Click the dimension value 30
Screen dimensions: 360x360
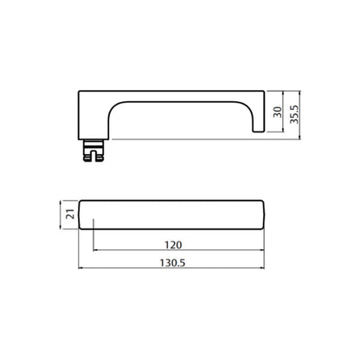pyautogui.click(x=278, y=112)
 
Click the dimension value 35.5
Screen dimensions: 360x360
pyautogui.click(x=294, y=114)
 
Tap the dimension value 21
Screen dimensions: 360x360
pyautogui.click(x=70, y=215)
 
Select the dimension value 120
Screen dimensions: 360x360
pyautogui.click(x=173, y=245)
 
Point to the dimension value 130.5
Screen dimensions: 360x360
pyautogui.click(x=172, y=263)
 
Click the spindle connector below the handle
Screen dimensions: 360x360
pyautogui.click(x=93, y=151)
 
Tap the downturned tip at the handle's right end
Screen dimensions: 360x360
pyautogui.click(x=259, y=127)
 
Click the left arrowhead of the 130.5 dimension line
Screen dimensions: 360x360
pyautogui.click(x=80, y=268)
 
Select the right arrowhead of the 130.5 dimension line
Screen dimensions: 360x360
pyautogui.click(x=262, y=268)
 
